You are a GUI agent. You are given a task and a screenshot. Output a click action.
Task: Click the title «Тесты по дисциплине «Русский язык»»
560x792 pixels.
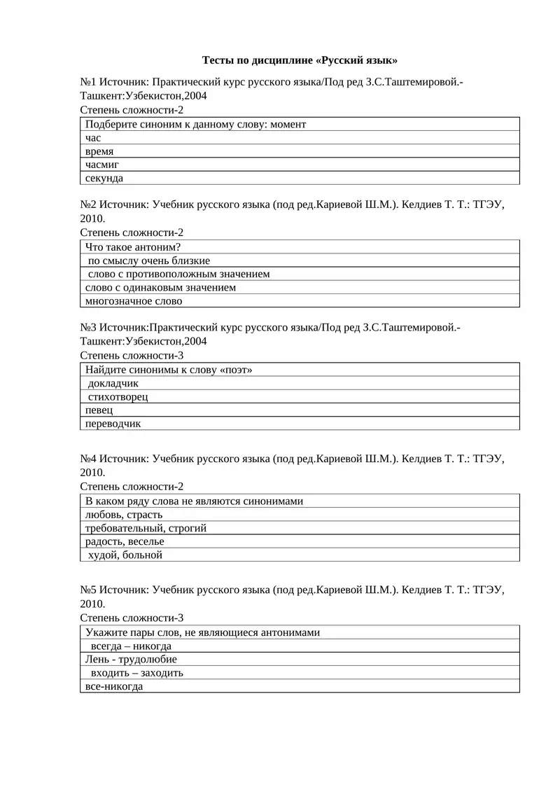coord(300,60)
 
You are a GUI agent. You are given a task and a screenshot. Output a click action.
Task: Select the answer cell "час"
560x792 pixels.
coord(93,138)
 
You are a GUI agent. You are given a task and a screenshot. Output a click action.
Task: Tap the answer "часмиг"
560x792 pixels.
coord(102,165)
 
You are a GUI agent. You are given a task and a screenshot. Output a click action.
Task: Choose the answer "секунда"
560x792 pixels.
coord(104,178)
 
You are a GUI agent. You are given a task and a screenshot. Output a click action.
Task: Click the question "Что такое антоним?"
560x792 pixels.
coord(133,246)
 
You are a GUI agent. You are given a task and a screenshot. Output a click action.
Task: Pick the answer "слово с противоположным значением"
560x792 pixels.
coord(178,274)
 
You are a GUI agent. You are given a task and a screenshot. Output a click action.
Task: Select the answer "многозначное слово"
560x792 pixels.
coord(134,301)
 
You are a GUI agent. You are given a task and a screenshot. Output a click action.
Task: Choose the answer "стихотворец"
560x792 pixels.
coord(118,396)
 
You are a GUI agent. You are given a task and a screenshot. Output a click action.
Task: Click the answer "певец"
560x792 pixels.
coord(99,410)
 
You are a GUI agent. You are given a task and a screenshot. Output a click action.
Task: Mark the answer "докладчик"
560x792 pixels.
coord(113,383)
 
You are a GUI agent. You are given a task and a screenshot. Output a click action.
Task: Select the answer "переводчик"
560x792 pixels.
coord(113,424)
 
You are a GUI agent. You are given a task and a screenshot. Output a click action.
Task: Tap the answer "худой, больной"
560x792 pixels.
coord(125,555)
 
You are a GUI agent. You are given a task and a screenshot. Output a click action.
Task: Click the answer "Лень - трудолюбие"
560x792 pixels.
coord(131,659)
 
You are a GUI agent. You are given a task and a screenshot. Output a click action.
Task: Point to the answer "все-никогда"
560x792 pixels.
coord(114,686)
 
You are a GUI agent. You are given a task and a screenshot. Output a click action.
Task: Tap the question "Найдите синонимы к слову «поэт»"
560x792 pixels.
coord(169,370)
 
